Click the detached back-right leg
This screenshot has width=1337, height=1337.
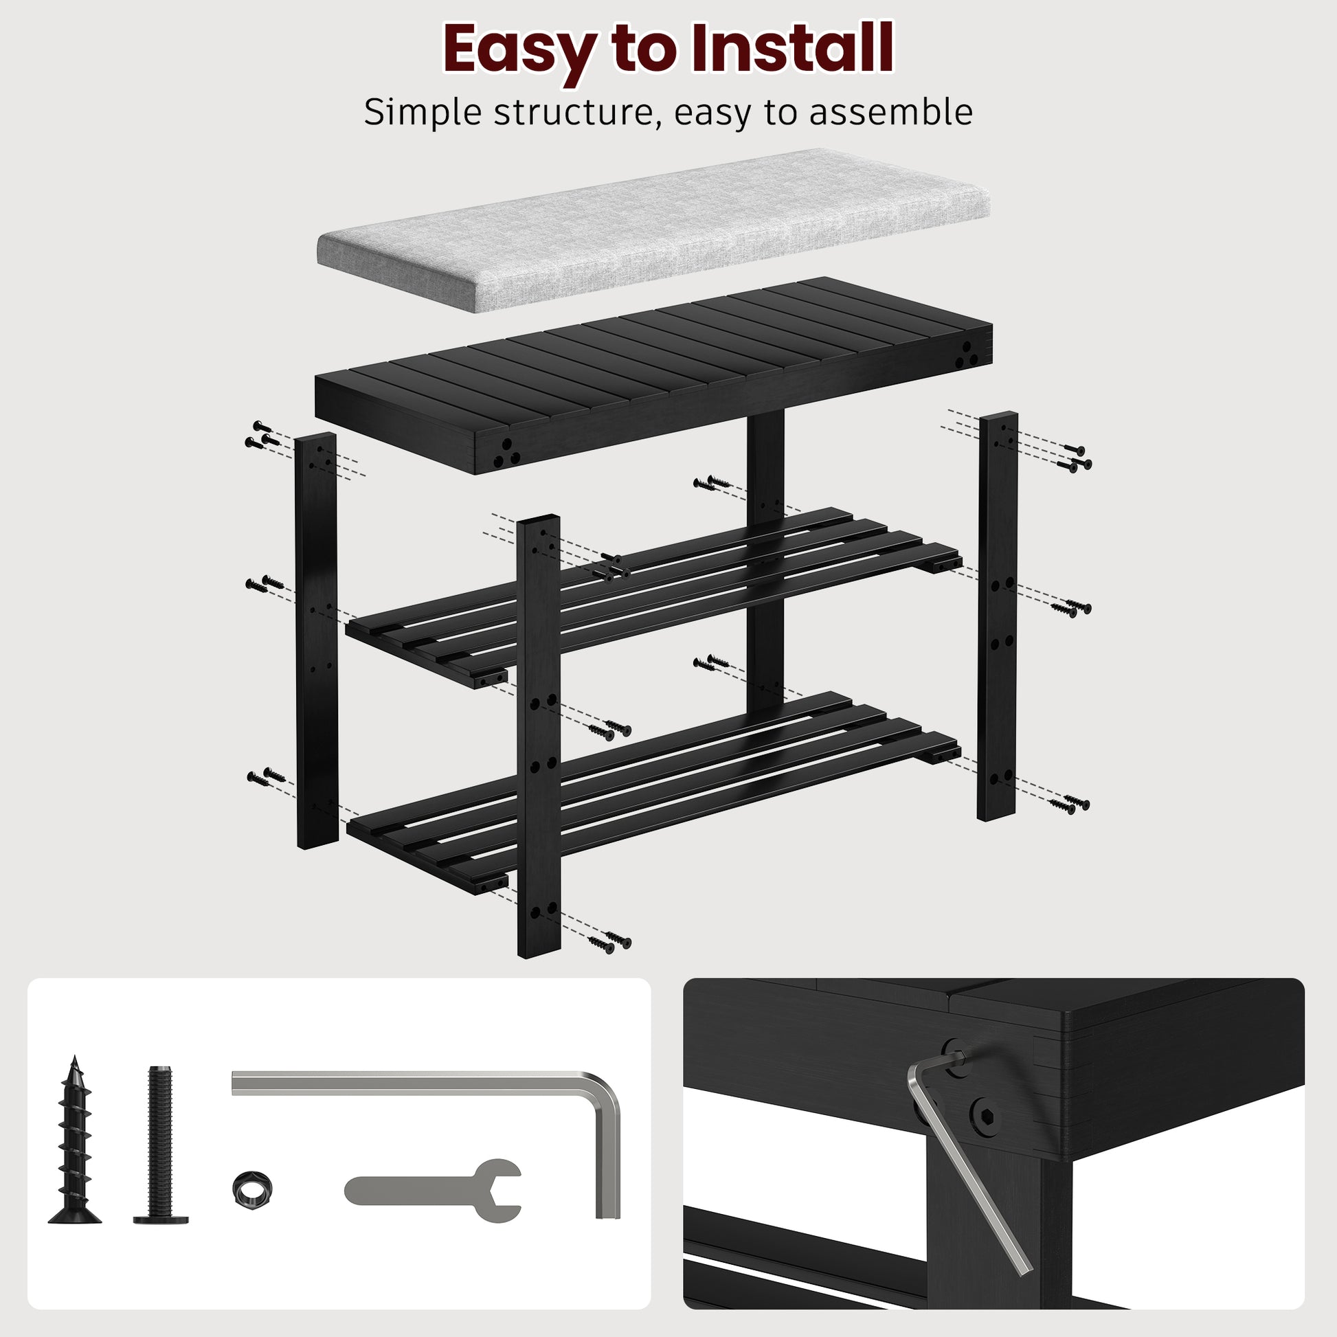[x=996, y=616]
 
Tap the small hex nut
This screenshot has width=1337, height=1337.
[x=253, y=1187]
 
